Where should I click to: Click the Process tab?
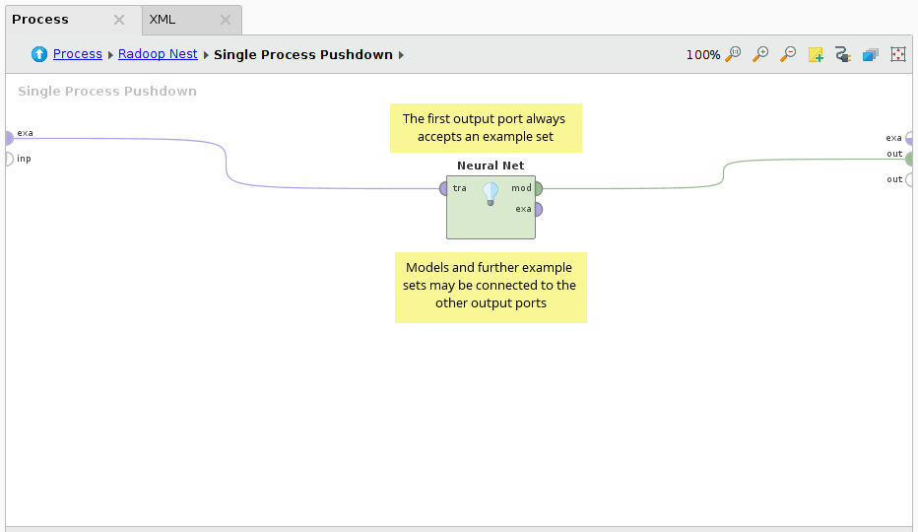(41, 20)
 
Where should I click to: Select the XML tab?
(163, 20)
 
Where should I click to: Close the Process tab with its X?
(119, 20)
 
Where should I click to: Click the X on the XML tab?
(226, 20)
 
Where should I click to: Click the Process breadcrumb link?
(78, 54)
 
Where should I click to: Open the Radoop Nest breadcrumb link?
(158, 54)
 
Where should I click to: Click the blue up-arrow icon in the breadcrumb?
(39, 54)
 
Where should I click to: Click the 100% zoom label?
(702, 55)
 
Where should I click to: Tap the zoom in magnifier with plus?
(760, 54)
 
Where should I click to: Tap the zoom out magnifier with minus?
(788, 54)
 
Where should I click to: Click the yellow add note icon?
(816, 54)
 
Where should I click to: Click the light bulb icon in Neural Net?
(491, 193)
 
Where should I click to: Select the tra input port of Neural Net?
(444, 188)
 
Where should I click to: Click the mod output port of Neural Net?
(537, 188)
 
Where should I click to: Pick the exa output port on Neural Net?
(537, 209)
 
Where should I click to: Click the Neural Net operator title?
(491, 166)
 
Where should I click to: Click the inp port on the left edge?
(8, 159)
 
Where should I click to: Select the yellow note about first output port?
(486, 128)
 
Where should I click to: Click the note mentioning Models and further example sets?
(491, 286)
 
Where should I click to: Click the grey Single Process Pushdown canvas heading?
(107, 92)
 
